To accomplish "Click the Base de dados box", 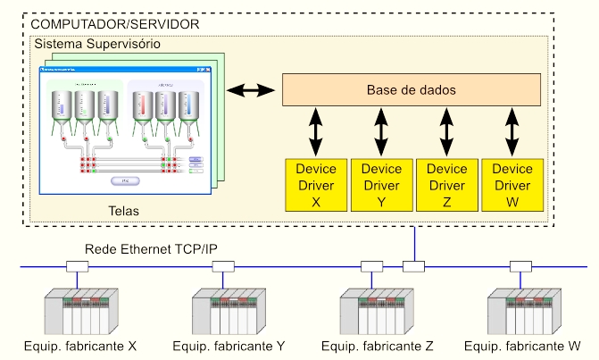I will point(412,90).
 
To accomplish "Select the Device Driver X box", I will point(316,185).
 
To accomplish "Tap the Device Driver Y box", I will point(381,185).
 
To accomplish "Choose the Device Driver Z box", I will point(446,185).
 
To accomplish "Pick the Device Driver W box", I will point(512,185).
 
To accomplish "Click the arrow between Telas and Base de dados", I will point(250,90).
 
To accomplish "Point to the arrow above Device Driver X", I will point(316,131).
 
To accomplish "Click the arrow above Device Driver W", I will point(512,131).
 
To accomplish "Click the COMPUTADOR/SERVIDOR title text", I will point(116,23).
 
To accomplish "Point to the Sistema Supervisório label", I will point(96,43).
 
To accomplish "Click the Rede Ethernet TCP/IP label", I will point(150,248).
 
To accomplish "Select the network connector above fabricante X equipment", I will point(78,266).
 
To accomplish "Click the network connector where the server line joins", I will point(414,266).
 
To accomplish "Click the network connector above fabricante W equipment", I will point(521,266).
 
